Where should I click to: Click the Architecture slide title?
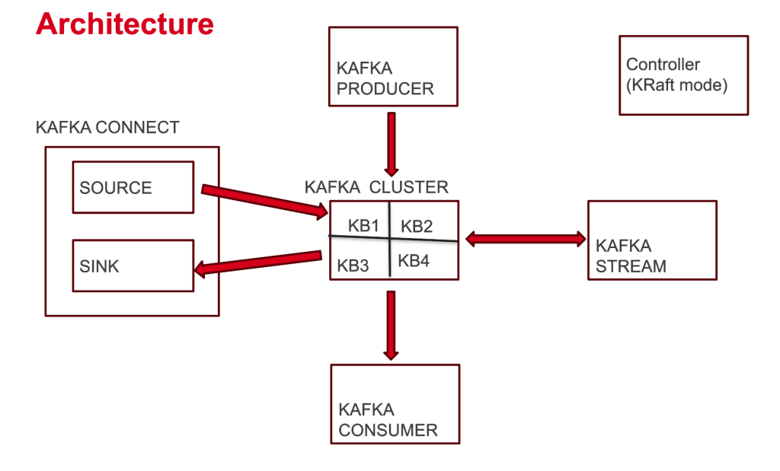coord(124,24)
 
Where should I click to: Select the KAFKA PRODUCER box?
coord(392,66)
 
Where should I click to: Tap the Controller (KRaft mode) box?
coord(683,75)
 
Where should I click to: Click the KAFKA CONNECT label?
coord(107,127)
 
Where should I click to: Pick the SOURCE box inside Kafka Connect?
coord(133,187)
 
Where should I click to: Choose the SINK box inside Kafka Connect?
coord(133,266)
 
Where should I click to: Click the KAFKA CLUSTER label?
coord(376,187)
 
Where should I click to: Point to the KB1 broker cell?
coord(363,225)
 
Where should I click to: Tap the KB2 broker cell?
coord(417,225)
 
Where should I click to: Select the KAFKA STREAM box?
coord(652,240)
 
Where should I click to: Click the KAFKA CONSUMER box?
coord(395,403)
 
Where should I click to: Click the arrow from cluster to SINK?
coord(257,262)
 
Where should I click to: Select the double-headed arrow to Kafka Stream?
coord(526,238)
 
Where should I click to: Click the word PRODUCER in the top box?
coord(385,88)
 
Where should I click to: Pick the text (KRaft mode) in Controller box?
coord(676,84)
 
